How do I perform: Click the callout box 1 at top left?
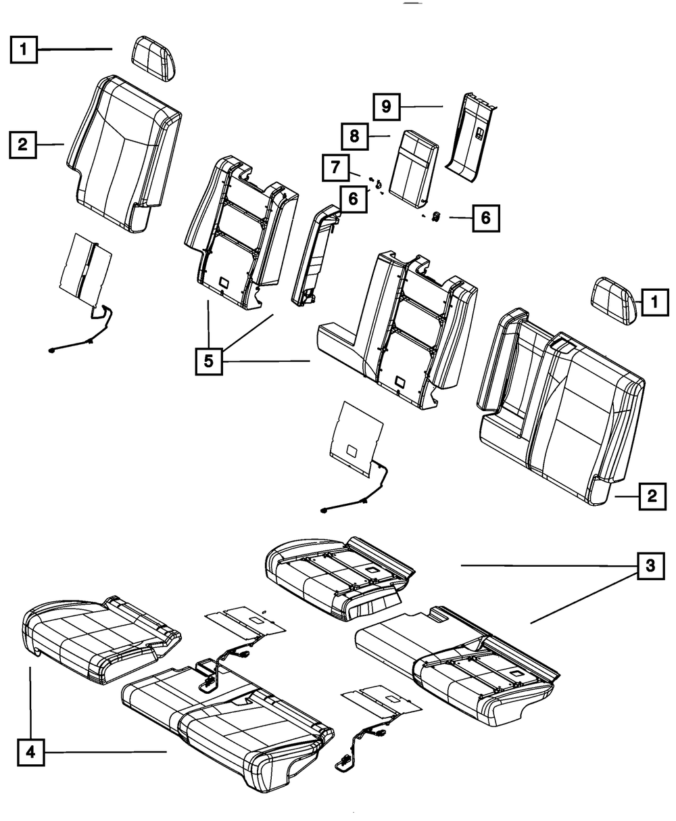[x=24, y=49]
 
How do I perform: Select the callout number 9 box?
[x=386, y=106]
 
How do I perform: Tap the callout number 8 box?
[x=354, y=136]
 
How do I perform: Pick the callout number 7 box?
[x=335, y=167]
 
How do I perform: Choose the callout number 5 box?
[x=209, y=361]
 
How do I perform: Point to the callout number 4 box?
[x=30, y=751]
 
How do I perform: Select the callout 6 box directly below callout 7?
[x=354, y=199]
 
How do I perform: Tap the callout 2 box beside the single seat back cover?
[x=24, y=144]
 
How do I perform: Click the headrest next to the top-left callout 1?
[x=155, y=59]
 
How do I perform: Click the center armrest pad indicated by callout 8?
[x=412, y=166]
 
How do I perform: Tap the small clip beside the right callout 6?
[x=436, y=217]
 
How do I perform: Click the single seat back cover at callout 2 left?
[x=124, y=152]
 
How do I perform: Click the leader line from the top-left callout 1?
[x=74, y=49]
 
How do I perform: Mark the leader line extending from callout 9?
[x=420, y=106]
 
